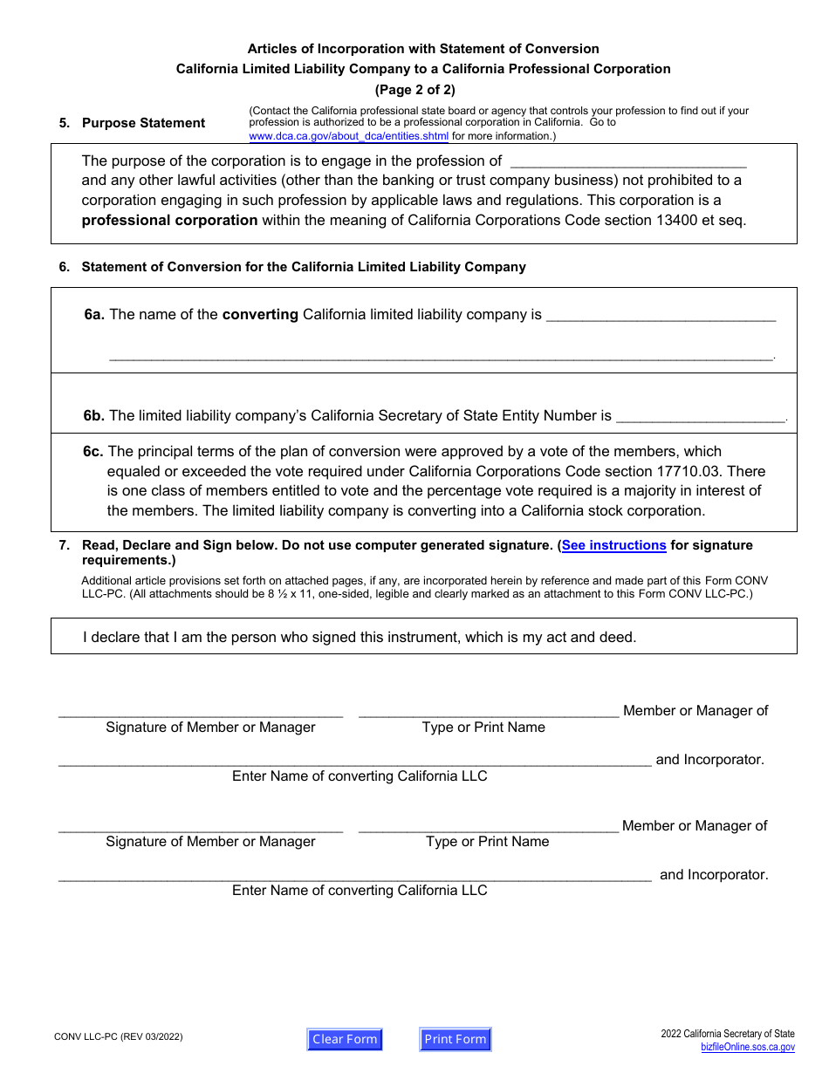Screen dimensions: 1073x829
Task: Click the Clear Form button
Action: (x=345, y=1039)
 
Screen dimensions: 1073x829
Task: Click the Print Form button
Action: (x=456, y=1039)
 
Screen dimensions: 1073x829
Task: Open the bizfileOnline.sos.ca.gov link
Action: (x=748, y=1047)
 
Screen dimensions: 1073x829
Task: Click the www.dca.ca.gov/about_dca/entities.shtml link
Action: (x=349, y=136)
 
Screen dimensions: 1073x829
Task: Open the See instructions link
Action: (x=614, y=545)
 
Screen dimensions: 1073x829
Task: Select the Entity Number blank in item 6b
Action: (x=701, y=416)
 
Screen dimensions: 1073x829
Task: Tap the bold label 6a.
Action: (x=94, y=315)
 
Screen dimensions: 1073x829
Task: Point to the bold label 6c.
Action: (x=93, y=452)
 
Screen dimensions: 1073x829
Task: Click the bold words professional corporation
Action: (x=169, y=221)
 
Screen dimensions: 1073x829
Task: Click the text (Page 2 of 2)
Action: (x=414, y=89)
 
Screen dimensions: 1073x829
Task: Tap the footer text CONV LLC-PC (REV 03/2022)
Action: (x=119, y=1037)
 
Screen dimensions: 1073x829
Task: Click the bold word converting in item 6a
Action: (x=260, y=315)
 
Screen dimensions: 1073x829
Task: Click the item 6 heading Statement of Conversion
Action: (x=304, y=267)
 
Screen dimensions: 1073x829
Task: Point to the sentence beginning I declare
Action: (x=360, y=637)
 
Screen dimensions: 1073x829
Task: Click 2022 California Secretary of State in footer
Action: (x=728, y=1034)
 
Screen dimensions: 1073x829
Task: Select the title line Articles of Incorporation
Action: (x=423, y=49)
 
